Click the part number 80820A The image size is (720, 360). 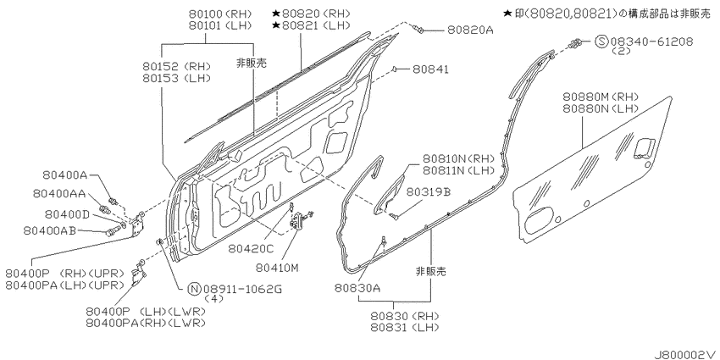pos(470,30)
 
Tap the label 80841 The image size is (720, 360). pos(430,69)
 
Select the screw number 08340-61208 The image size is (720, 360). pos(652,42)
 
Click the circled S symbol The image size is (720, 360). pos(602,42)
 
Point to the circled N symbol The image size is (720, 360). pos(195,289)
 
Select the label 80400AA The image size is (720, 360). pos(59,194)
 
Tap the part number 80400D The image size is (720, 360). pos(67,214)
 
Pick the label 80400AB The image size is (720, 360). pos(50,230)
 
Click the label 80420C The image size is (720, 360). pos(252,248)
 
